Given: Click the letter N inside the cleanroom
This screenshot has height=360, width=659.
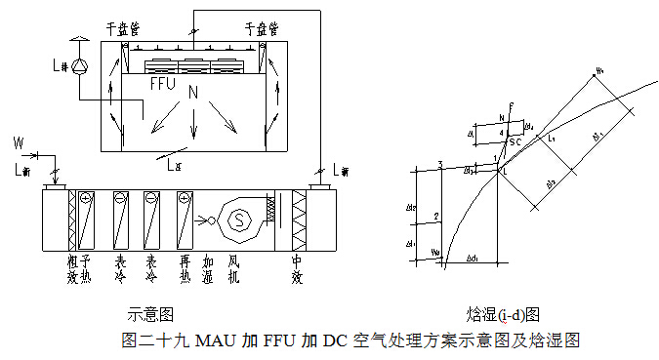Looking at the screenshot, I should pos(193,94).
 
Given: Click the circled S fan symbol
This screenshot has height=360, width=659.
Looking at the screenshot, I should pos(235,220).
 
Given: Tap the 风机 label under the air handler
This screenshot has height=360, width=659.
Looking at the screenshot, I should pos(234,269).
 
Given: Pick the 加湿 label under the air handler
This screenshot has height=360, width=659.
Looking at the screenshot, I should pos(207,269).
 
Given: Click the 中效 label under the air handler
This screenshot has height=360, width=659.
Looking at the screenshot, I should pos(298,269).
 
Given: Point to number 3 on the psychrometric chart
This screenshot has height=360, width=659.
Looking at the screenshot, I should pos(440,164).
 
